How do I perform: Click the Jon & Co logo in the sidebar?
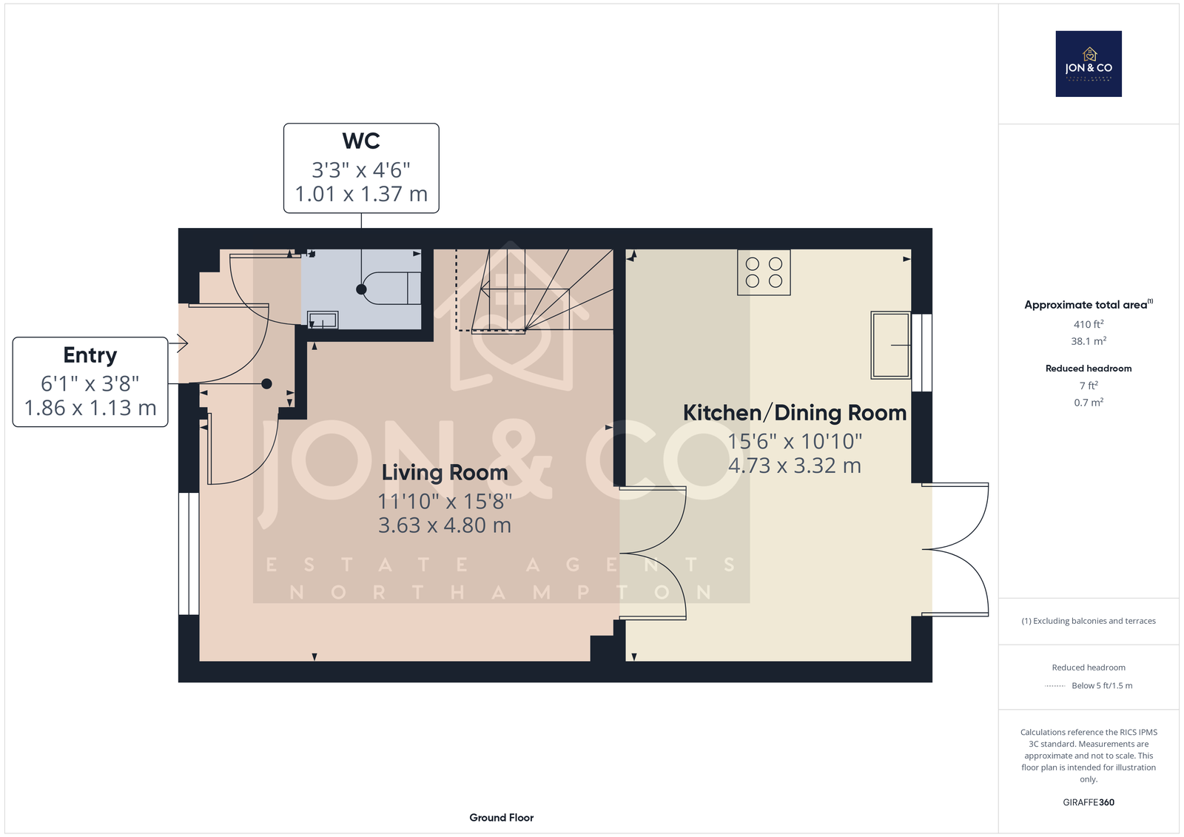pos(1089,64)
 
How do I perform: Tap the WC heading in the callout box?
pos(361,141)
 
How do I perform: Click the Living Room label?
pos(445,473)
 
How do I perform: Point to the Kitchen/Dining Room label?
pos(795,413)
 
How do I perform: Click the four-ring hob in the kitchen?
pos(764,272)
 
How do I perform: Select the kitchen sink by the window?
pos(891,346)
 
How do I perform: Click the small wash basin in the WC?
pos(323,320)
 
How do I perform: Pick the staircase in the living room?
pos(534,291)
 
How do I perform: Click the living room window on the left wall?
pos(189,554)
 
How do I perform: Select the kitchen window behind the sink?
pos(922,353)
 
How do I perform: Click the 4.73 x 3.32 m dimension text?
pos(795,465)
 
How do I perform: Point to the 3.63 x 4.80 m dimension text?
pos(445,525)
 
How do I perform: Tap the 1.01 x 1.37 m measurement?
pos(361,194)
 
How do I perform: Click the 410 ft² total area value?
pos(1089,324)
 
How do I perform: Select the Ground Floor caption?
pos(502,818)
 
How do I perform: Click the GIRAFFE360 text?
pos(1089,802)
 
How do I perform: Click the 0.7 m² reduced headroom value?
pos(1089,403)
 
